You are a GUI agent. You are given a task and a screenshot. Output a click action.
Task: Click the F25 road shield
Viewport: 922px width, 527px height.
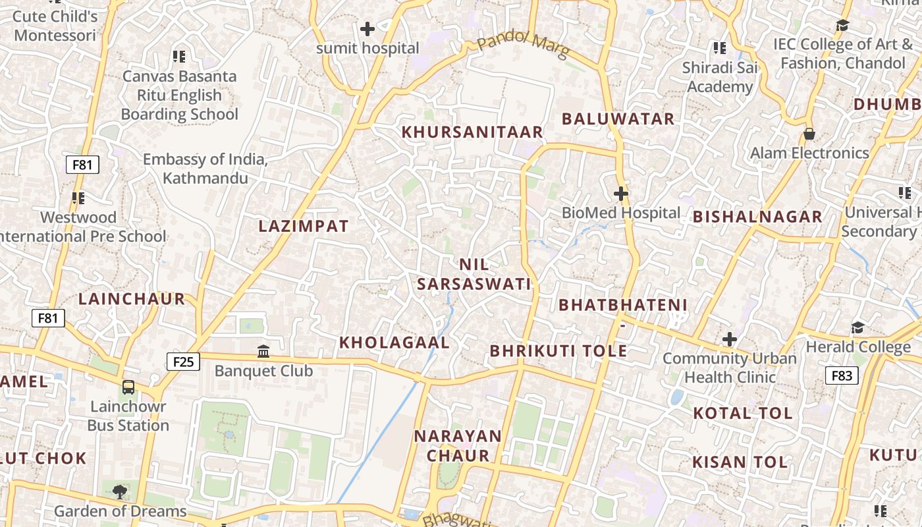click(184, 361)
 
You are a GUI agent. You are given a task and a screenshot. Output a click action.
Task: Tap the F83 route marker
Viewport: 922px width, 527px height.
click(842, 375)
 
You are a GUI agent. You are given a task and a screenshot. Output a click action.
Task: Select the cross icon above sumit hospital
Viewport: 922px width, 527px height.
click(367, 29)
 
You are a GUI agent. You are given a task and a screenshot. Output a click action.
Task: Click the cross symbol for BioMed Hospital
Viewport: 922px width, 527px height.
click(620, 194)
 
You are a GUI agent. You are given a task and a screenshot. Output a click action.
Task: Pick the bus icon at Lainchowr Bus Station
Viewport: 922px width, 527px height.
click(128, 387)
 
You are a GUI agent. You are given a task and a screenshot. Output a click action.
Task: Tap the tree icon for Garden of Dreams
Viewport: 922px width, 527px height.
click(119, 491)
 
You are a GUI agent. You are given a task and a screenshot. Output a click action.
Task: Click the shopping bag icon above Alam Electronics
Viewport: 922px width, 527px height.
click(809, 134)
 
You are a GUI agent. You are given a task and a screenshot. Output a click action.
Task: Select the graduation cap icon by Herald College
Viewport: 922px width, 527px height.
click(857, 327)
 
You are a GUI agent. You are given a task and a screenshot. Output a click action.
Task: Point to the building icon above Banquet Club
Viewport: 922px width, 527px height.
click(263, 351)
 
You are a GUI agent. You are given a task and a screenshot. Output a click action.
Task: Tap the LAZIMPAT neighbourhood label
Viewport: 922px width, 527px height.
click(304, 226)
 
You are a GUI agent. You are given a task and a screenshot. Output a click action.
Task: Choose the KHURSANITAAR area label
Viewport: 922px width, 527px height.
click(472, 132)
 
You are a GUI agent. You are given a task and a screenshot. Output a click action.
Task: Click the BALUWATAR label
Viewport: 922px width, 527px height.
click(618, 119)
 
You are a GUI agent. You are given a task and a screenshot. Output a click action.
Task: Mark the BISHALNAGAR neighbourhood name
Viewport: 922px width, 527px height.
click(757, 217)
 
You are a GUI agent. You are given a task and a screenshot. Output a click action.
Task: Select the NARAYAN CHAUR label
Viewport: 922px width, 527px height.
click(458, 445)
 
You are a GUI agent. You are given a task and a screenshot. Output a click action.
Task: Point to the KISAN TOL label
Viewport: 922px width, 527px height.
click(740, 462)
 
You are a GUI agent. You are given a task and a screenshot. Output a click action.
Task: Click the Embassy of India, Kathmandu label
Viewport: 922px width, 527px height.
click(205, 169)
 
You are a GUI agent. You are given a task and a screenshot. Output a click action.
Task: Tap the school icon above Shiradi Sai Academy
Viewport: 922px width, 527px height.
click(720, 48)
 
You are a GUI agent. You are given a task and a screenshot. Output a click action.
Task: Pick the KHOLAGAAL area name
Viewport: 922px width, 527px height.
click(394, 343)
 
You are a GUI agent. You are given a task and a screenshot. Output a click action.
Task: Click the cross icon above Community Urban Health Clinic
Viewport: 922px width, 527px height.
click(729, 339)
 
